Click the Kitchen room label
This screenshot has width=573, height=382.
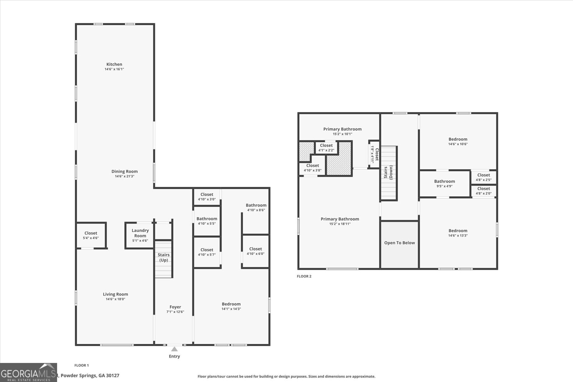click(114, 65)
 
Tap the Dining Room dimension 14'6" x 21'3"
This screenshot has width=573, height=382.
click(124, 176)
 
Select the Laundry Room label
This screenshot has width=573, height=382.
click(140, 233)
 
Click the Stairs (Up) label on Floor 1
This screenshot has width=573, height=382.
click(164, 257)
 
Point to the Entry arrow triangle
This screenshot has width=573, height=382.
click(174, 349)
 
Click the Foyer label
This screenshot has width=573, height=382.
click(175, 307)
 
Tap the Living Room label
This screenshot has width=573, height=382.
click(115, 294)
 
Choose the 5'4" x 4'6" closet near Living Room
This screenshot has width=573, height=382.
click(91, 235)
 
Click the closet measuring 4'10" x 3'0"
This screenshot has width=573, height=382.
click(207, 197)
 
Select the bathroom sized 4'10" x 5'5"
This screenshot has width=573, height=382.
click(207, 221)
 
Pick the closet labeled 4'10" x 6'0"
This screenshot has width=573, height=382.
click(255, 251)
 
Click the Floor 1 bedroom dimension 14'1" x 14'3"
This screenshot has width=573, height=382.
click(231, 309)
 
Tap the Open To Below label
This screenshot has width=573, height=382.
click(399, 243)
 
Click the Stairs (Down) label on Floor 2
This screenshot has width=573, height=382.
click(388, 172)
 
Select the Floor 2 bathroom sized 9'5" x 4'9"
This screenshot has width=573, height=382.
click(444, 183)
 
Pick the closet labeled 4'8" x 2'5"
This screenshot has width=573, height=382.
click(483, 177)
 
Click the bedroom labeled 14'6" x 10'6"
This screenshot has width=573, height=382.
click(458, 142)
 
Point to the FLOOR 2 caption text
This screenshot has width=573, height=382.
click(304, 276)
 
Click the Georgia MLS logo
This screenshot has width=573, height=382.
click(28, 373)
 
